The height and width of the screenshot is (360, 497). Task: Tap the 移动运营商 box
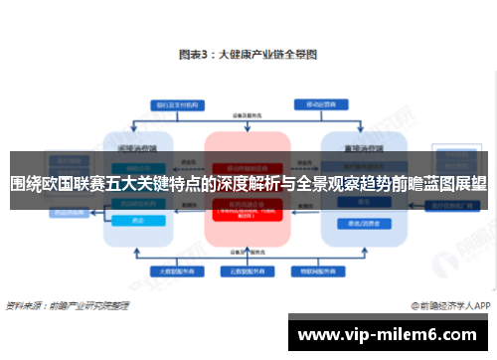coord(322,103)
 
